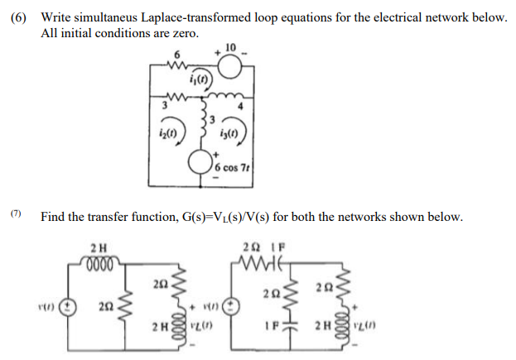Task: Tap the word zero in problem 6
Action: (x=181, y=33)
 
